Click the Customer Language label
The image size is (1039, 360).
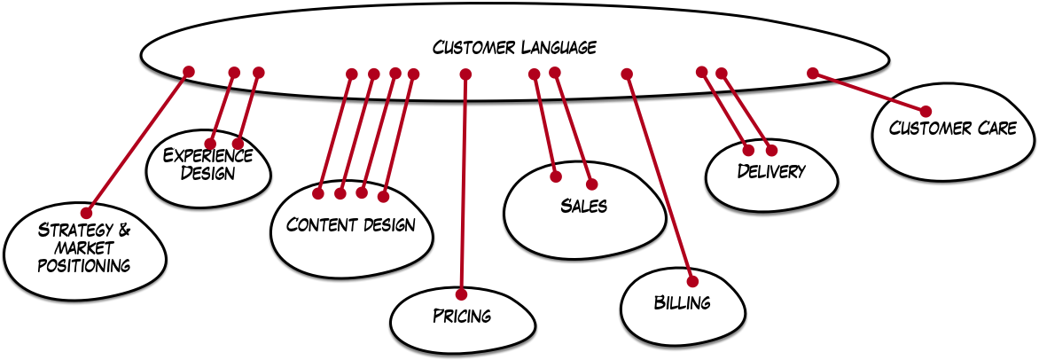(x=514, y=47)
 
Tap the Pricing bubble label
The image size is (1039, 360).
(x=462, y=316)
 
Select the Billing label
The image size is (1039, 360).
(x=683, y=302)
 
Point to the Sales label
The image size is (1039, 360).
(x=583, y=207)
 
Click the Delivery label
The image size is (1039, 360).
(x=771, y=171)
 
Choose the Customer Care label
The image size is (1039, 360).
(x=953, y=129)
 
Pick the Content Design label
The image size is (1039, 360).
(x=351, y=224)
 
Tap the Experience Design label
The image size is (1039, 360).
(x=208, y=164)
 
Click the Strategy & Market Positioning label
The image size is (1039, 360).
(x=84, y=247)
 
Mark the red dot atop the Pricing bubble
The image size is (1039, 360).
(x=461, y=294)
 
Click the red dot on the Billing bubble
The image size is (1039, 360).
(x=691, y=273)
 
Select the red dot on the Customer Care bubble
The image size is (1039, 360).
(x=926, y=111)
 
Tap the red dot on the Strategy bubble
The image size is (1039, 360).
(x=86, y=213)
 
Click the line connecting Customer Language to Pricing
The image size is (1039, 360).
(x=464, y=186)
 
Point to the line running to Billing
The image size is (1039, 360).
(x=660, y=174)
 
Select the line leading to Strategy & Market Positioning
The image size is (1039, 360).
(x=137, y=142)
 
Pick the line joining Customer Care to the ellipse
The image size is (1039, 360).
(x=869, y=91)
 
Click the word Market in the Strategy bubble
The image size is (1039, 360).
(x=83, y=247)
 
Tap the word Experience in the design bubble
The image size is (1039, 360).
(x=208, y=156)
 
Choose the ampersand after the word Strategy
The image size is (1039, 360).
(x=123, y=231)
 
